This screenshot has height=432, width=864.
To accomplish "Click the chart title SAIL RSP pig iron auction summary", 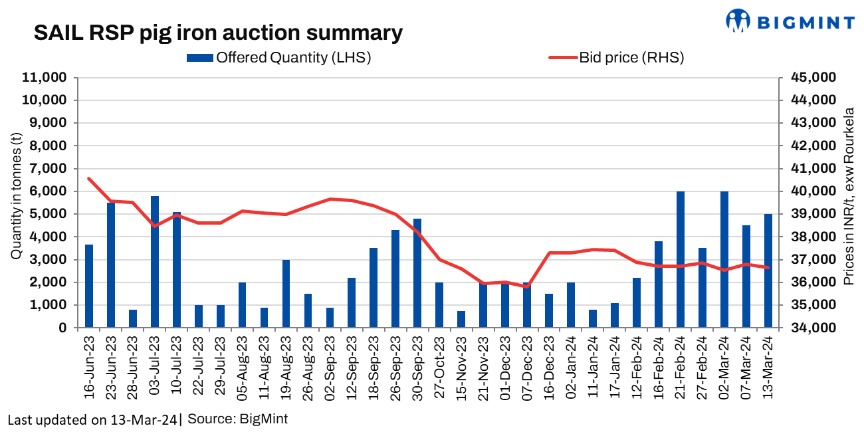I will coord(218,33).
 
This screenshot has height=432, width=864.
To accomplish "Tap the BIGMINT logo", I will coord(790,21).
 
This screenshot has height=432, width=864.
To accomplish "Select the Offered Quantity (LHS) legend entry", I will coord(279,58).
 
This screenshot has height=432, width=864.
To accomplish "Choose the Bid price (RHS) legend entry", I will coord(616,58).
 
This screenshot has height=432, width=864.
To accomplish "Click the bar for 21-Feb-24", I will coord(681,259).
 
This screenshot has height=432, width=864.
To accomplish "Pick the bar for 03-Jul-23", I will coord(155,262).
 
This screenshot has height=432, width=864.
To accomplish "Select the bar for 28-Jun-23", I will coord(133,318).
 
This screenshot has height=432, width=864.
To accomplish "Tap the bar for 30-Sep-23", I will coord(417,273).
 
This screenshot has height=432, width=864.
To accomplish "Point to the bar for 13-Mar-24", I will coord(768,270).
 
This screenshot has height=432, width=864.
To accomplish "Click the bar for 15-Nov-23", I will coord(461,319).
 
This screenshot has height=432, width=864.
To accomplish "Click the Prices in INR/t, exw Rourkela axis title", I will coord(849,197).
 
